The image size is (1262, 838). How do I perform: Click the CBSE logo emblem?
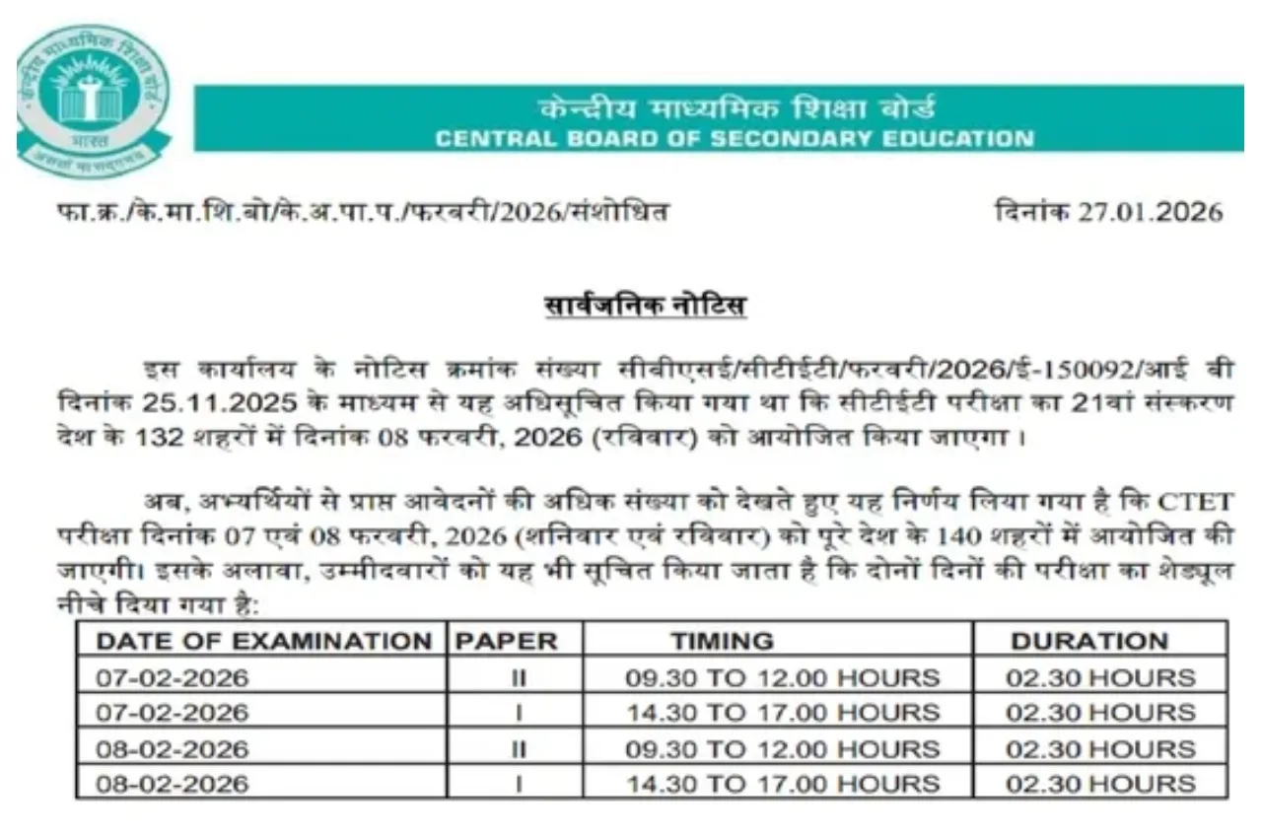coord(93,99)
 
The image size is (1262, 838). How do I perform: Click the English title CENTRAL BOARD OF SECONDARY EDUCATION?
coord(735,138)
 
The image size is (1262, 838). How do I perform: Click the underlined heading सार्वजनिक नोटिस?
coord(646,306)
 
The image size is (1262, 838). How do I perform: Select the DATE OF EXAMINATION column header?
coord(263,641)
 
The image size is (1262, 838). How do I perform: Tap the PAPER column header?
coord(506,641)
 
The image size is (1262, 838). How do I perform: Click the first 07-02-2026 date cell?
coord(173,677)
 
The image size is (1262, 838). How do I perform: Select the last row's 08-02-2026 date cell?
coord(173,785)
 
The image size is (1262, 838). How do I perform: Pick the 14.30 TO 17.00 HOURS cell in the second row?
coord(783,713)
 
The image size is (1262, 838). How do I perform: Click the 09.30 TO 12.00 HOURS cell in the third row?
coord(783,749)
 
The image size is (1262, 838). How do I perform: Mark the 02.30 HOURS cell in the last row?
coord(1100,785)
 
